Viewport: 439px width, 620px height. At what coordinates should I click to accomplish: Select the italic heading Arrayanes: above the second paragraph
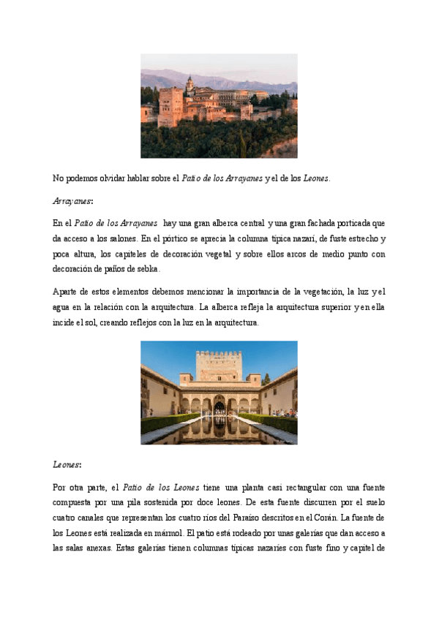tap(67, 200)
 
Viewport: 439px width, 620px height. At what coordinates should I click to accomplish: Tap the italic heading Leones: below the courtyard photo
tap(66, 464)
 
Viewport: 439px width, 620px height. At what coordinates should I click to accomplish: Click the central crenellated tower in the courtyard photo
tap(219, 366)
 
